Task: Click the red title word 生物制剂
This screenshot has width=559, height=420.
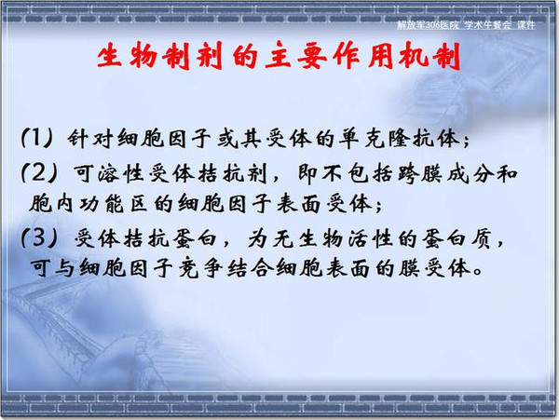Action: (159, 55)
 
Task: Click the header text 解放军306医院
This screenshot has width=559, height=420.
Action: (428, 25)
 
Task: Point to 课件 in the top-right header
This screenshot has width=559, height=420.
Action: (526, 25)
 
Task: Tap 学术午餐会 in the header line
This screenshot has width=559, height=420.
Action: (488, 25)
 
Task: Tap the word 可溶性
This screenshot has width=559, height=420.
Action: (109, 174)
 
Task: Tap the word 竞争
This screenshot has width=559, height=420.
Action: (200, 268)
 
